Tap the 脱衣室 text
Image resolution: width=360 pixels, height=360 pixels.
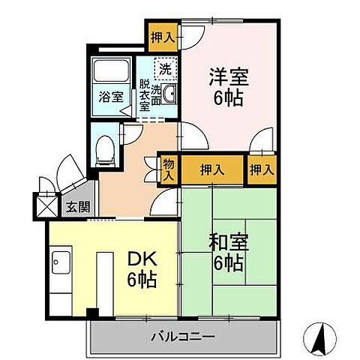point(143,94)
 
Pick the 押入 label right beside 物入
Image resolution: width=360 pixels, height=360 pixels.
point(212,170)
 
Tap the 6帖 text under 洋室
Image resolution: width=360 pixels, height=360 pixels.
point(228,98)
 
